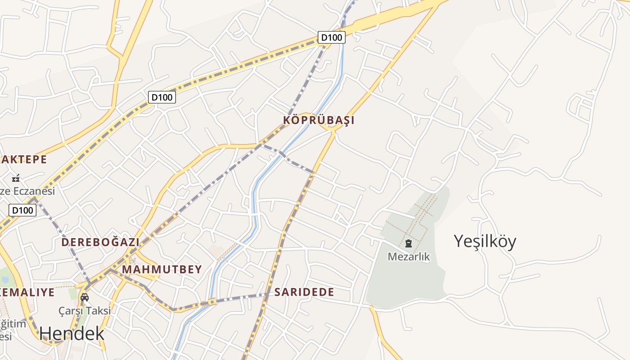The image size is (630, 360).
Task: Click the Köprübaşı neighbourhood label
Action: (319, 120)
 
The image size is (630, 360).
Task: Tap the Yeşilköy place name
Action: (485, 241)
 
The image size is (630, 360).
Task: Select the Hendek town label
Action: (72, 333)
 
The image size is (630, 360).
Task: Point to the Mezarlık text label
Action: (409, 257)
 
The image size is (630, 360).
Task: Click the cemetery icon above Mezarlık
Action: (409, 244)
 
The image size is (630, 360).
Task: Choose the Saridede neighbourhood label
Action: (304, 292)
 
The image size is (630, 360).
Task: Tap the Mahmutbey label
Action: (162, 270)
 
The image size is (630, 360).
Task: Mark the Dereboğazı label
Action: (100, 242)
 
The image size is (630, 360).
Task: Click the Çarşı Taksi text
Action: (85, 310)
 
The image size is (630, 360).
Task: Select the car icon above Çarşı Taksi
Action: (85, 297)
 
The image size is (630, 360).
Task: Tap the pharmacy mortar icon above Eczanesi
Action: (16, 178)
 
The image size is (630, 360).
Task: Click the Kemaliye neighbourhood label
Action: (27, 292)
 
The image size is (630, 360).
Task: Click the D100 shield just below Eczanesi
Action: (22, 210)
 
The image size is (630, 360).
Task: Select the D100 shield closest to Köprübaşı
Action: (332, 37)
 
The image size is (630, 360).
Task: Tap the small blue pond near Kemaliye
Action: (5, 279)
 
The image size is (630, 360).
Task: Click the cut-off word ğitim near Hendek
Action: (13, 324)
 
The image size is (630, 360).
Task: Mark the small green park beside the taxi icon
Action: (73, 295)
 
